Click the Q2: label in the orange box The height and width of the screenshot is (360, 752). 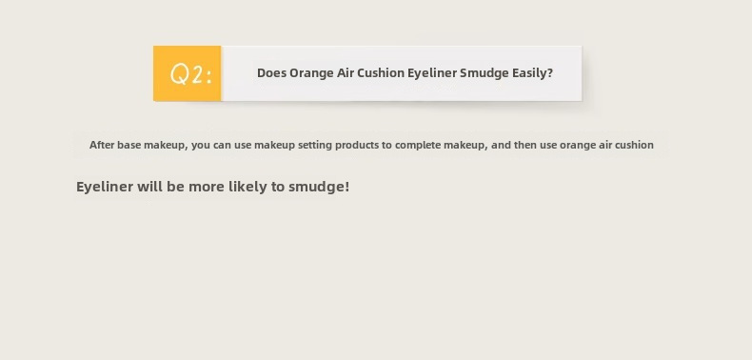(x=191, y=74)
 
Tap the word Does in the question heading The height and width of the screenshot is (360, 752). (x=271, y=73)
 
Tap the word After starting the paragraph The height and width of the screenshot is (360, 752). (x=102, y=145)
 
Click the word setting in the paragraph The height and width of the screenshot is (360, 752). (x=315, y=146)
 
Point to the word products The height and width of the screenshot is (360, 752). (x=357, y=146)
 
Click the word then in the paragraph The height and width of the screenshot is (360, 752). (x=525, y=145)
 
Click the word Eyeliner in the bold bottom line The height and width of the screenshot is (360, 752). (x=105, y=187)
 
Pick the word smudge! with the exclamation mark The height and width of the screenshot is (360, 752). (x=319, y=187)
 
